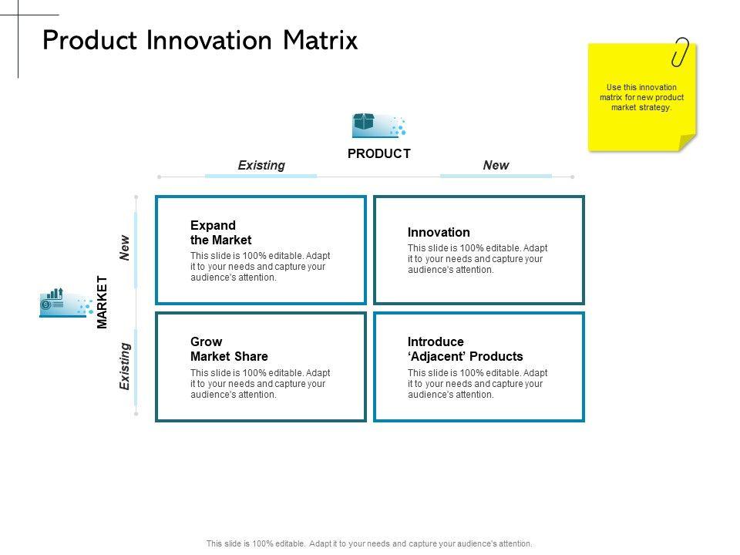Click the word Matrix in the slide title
[321, 40]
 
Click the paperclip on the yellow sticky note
[680, 52]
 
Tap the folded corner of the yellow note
[687, 143]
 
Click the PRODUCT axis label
[379, 154]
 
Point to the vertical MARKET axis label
[102, 302]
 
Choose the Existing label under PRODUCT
[261, 165]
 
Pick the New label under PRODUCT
[496, 165]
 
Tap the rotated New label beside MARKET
[124, 247]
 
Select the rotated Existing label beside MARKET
[124, 366]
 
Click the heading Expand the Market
[221, 233]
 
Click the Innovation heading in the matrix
[439, 232]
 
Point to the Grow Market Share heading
[229, 348]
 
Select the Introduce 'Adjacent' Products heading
[466, 348]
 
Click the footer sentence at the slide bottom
[369, 543]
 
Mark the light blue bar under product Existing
[261, 176]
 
